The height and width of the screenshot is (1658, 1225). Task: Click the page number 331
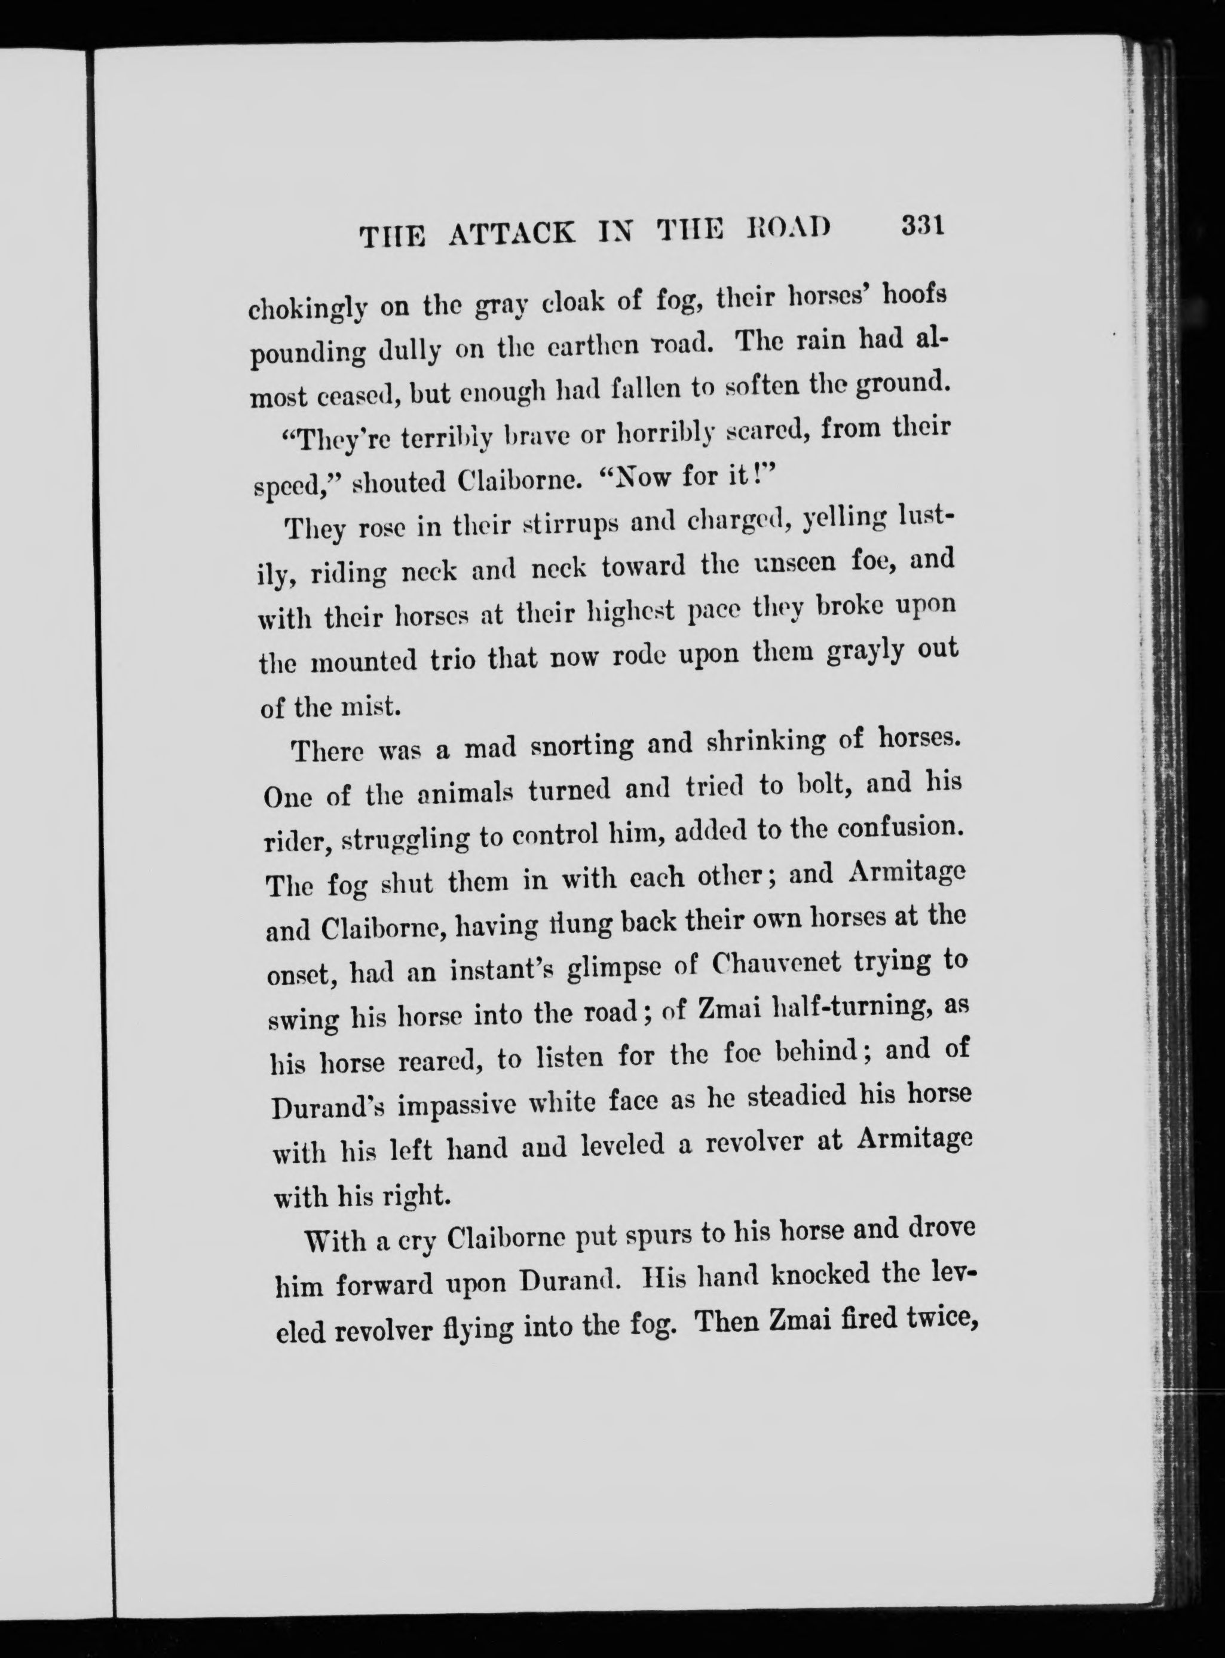pyautogui.click(x=921, y=225)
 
